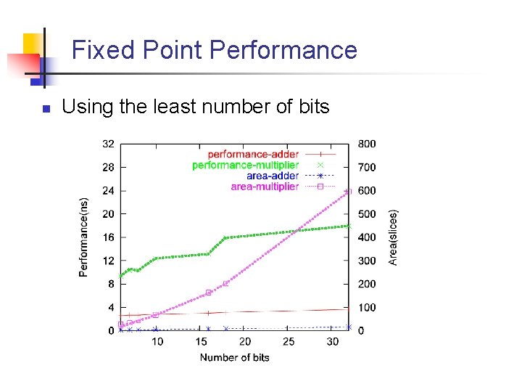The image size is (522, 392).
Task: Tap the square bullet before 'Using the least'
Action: pyautogui.click(x=44, y=109)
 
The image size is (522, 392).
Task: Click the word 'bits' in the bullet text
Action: pyautogui.click(x=313, y=107)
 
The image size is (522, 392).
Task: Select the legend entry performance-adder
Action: pyautogui.click(x=253, y=154)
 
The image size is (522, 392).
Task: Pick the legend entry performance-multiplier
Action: pyautogui.click(x=245, y=165)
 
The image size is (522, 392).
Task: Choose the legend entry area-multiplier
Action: pyautogui.click(x=264, y=187)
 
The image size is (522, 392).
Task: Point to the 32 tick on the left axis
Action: pyautogui.click(x=107, y=144)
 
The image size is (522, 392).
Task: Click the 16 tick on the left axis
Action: pyautogui.click(x=107, y=237)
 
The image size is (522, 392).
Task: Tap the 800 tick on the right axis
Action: pyautogui.click(x=367, y=144)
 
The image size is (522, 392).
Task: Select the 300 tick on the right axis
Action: pyautogui.click(x=367, y=261)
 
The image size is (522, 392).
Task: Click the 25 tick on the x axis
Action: pyautogui.click(x=289, y=342)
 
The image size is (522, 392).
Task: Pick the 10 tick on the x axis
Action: pyautogui.click(x=157, y=342)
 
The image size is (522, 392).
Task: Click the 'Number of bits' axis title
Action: pyautogui.click(x=234, y=357)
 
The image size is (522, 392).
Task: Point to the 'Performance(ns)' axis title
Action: pyautogui.click(x=83, y=237)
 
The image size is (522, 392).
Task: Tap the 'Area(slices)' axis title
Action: pyautogui.click(x=394, y=237)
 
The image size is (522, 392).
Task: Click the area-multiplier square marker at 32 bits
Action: pyautogui.click(x=349, y=191)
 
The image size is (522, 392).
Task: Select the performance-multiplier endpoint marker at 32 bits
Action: pyautogui.click(x=349, y=226)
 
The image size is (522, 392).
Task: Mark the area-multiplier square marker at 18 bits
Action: pyautogui.click(x=225, y=283)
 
